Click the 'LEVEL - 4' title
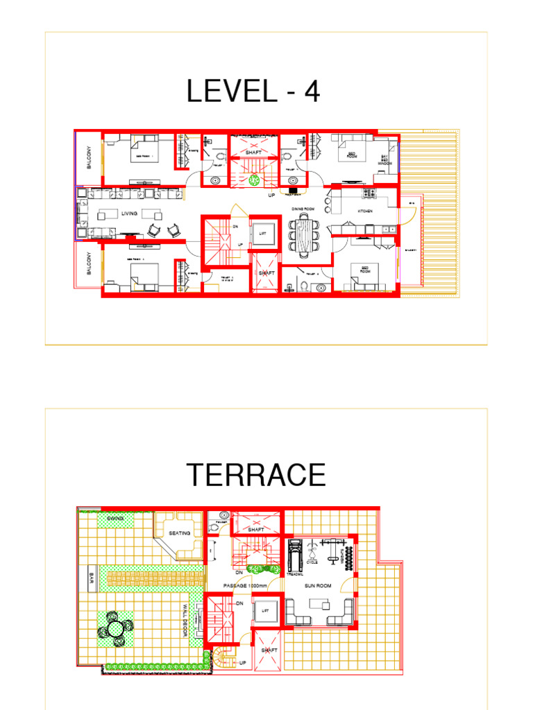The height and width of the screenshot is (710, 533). click(253, 92)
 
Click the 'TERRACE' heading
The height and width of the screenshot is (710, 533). click(256, 475)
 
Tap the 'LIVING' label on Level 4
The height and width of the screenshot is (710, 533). click(130, 214)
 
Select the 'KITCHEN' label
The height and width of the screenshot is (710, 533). click(365, 211)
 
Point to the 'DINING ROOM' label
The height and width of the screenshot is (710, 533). click(303, 208)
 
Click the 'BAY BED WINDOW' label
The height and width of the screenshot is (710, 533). click(385, 160)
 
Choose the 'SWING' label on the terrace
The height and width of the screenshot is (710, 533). click(115, 518)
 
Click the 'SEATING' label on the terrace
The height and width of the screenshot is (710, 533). click(179, 534)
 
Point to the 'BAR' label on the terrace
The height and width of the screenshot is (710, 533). click(91, 577)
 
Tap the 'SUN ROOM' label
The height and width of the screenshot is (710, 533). click(319, 586)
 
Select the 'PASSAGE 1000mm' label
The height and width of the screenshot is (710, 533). click(246, 586)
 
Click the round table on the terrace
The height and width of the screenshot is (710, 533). click(112, 628)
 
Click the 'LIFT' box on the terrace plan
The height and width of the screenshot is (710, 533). click(262, 611)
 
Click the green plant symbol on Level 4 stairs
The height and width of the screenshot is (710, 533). click(254, 180)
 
